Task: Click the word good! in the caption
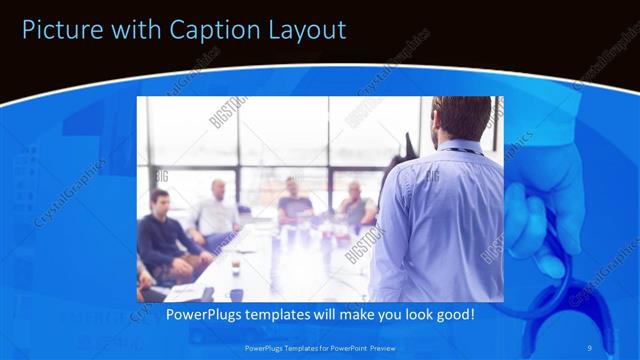coord(451,314)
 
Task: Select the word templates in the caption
coord(282,314)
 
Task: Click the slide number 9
coord(591,346)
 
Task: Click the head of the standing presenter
coord(461,120)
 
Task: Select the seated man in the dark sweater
coord(165,240)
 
